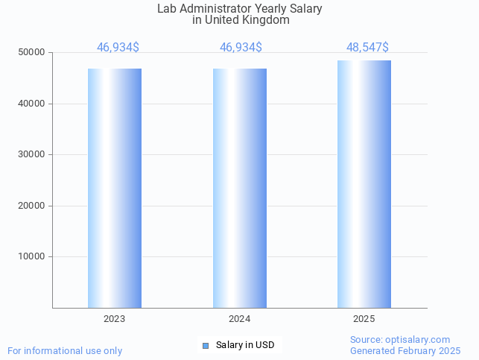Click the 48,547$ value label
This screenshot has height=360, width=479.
coord(367,48)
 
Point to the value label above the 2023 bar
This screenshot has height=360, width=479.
coord(118,48)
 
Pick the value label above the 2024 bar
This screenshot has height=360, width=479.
coord(241,48)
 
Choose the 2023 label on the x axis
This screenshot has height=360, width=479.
coord(115,319)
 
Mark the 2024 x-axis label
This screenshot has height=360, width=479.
coord(240,319)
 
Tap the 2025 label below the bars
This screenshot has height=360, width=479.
coord(364,319)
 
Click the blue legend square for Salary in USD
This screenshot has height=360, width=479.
coord(206,345)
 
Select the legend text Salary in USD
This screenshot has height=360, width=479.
coord(245,345)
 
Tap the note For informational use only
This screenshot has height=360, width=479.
coord(65,351)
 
